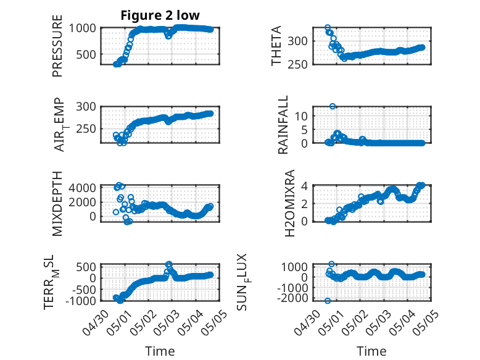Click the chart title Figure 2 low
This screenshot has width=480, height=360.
(x=160, y=15)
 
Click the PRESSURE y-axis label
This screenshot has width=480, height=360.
(x=57, y=46)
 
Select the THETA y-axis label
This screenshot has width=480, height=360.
(x=276, y=46)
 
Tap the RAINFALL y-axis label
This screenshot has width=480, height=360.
(x=283, y=124)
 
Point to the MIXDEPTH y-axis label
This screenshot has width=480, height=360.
(x=57, y=203)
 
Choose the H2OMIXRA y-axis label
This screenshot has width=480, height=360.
(x=289, y=203)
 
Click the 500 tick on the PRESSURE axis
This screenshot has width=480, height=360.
(x=86, y=54)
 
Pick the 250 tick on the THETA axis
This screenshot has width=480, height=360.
(x=297, y=65)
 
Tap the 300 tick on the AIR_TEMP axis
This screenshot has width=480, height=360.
(x=86, y=107)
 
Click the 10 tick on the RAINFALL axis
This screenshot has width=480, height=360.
(x=301, y=116)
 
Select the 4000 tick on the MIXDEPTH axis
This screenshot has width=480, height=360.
(x=82, y=187)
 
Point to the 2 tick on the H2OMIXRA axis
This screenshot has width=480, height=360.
(x=304, y=203)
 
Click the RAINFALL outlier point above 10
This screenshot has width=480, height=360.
(x=333, y=106)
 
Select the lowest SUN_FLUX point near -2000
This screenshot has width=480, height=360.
(x=328, y=301)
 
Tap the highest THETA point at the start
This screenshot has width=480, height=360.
(x=328, y=28)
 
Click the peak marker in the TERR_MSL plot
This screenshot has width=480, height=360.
(x=168, y=264)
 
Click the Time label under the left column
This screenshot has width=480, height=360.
(x=160, y=351)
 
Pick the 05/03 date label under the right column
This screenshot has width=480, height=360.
(x=378, y=323)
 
